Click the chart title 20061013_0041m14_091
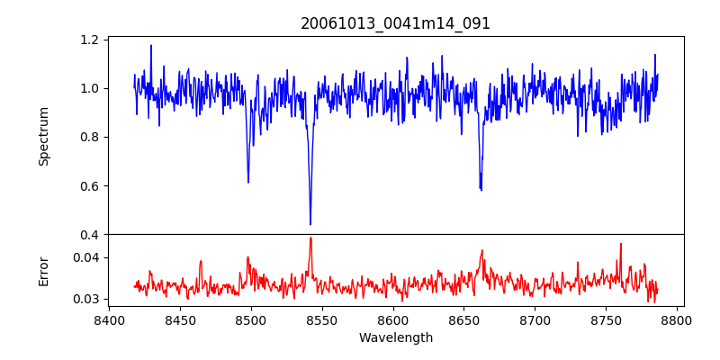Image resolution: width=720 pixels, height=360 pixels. [x=395, y=23]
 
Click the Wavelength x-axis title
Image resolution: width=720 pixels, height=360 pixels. [x=395, y=337]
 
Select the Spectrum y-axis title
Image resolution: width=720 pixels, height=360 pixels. [x=43, y=136]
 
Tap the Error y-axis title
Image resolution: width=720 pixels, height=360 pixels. [x=43, y=271]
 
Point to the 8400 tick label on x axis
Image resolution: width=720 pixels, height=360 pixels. [x=109, y=319]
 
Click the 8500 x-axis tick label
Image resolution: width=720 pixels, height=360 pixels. [x=251, y=319]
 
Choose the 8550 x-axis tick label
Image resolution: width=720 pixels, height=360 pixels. [x=322, y=319]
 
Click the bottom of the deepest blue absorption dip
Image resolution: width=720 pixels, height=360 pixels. [x=310, y=224]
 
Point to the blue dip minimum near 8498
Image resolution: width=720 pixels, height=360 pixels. [x=248, y=182]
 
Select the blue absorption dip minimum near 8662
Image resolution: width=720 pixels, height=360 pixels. [x=481, y=190]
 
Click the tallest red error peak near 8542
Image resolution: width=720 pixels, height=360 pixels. [x=310, y=238]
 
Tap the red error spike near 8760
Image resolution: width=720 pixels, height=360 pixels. [x=620, y=244]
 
